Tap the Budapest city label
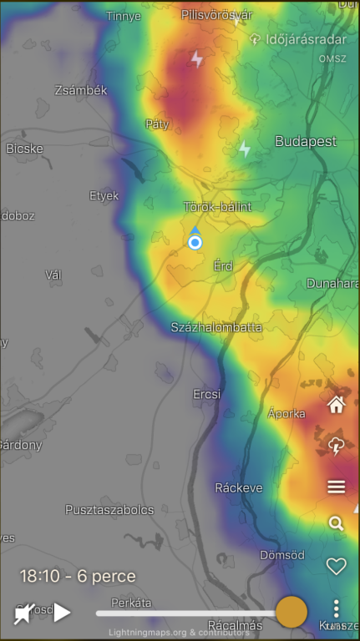306,142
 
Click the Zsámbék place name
81,90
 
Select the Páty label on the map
157,124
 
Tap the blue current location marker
195,242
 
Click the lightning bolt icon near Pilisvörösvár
197,59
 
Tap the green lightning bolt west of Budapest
244,149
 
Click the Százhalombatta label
216,327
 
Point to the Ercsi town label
206,393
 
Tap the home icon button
337,406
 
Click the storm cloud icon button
337,447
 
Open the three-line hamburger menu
337,487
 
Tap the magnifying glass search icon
336,524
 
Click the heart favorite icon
336,567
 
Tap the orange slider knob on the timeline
292,612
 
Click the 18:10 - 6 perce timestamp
78,576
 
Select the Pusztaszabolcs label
109,509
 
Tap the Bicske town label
24,149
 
